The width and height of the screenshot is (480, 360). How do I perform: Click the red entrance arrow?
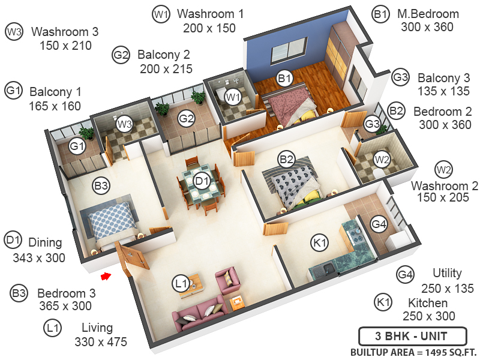[106, 276]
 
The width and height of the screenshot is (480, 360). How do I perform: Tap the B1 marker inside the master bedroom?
[284, 78]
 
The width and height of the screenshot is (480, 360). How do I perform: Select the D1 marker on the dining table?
[202, 179]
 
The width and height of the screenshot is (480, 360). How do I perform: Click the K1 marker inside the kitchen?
[320, 242]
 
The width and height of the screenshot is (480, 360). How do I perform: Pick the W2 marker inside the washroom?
[382, 159]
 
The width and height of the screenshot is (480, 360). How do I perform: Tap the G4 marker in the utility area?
[379, 224]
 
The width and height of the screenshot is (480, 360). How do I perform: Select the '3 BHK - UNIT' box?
[412, 335]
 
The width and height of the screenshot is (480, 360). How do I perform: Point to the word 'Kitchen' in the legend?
[428, 302]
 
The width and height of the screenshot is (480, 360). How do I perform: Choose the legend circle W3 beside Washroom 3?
[13, 31]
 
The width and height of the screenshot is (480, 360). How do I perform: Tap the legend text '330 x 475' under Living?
[102, 342]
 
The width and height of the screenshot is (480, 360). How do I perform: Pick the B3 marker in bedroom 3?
[101, 186]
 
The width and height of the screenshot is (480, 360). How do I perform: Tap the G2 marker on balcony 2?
[187, 118]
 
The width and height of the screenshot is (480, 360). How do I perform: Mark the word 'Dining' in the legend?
[46, 243]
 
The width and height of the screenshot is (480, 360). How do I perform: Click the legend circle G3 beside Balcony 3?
[401, 77]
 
